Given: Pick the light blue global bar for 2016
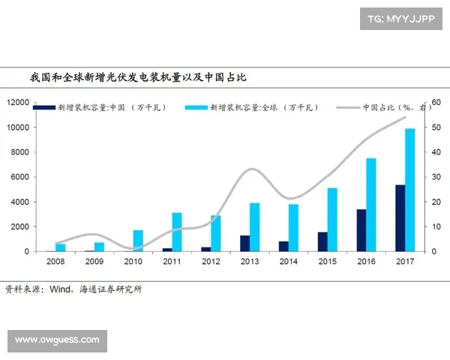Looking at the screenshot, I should point(371,204).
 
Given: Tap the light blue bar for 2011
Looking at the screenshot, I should point(177,232).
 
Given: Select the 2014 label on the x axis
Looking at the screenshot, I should point(289,261).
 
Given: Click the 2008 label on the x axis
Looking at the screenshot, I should point(55,261).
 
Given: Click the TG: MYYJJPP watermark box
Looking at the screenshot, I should point(401,18).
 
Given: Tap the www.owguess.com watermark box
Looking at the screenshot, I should point(57,340).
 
